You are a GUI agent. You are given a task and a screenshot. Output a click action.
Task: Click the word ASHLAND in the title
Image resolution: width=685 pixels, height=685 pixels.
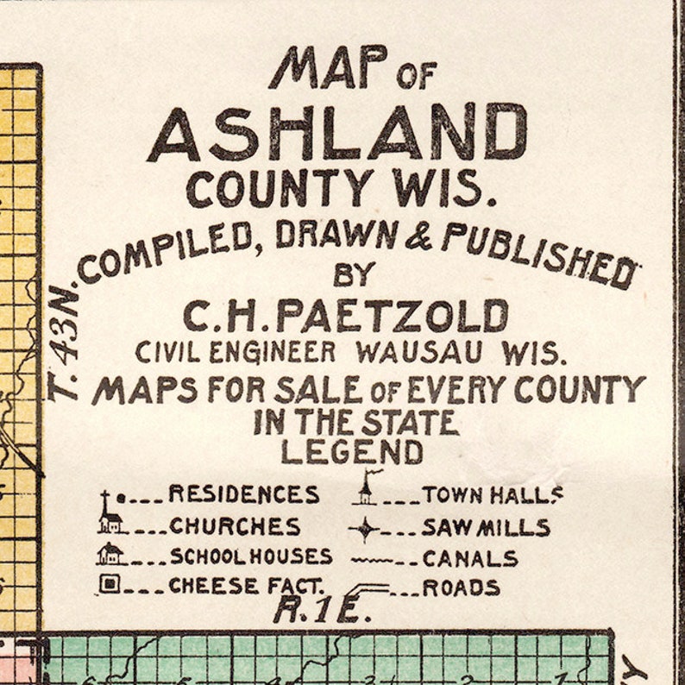[337, 134]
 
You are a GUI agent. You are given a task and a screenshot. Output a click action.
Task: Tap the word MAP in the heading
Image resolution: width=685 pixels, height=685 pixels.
[327, 68]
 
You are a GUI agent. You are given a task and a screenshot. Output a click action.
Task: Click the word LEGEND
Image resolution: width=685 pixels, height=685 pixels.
[352, 451]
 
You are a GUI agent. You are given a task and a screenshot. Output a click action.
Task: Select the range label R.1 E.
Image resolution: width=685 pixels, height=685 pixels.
[321, 610]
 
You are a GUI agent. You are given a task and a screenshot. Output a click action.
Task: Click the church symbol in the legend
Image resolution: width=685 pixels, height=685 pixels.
[109, 520]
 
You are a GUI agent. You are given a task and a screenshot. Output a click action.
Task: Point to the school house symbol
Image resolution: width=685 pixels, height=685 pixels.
[110, 554]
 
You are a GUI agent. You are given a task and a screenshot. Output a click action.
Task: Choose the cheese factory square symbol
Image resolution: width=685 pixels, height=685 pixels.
[108, 584]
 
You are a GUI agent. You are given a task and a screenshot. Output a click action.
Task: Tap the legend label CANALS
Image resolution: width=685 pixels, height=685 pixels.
[470, 558]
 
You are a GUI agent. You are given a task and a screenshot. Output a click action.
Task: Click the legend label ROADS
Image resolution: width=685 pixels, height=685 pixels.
[461, 588]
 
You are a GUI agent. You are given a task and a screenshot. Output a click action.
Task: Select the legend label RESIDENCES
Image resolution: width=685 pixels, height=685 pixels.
[243, 494]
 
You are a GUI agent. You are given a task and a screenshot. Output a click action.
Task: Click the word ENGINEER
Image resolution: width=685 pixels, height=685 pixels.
[281, 353]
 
